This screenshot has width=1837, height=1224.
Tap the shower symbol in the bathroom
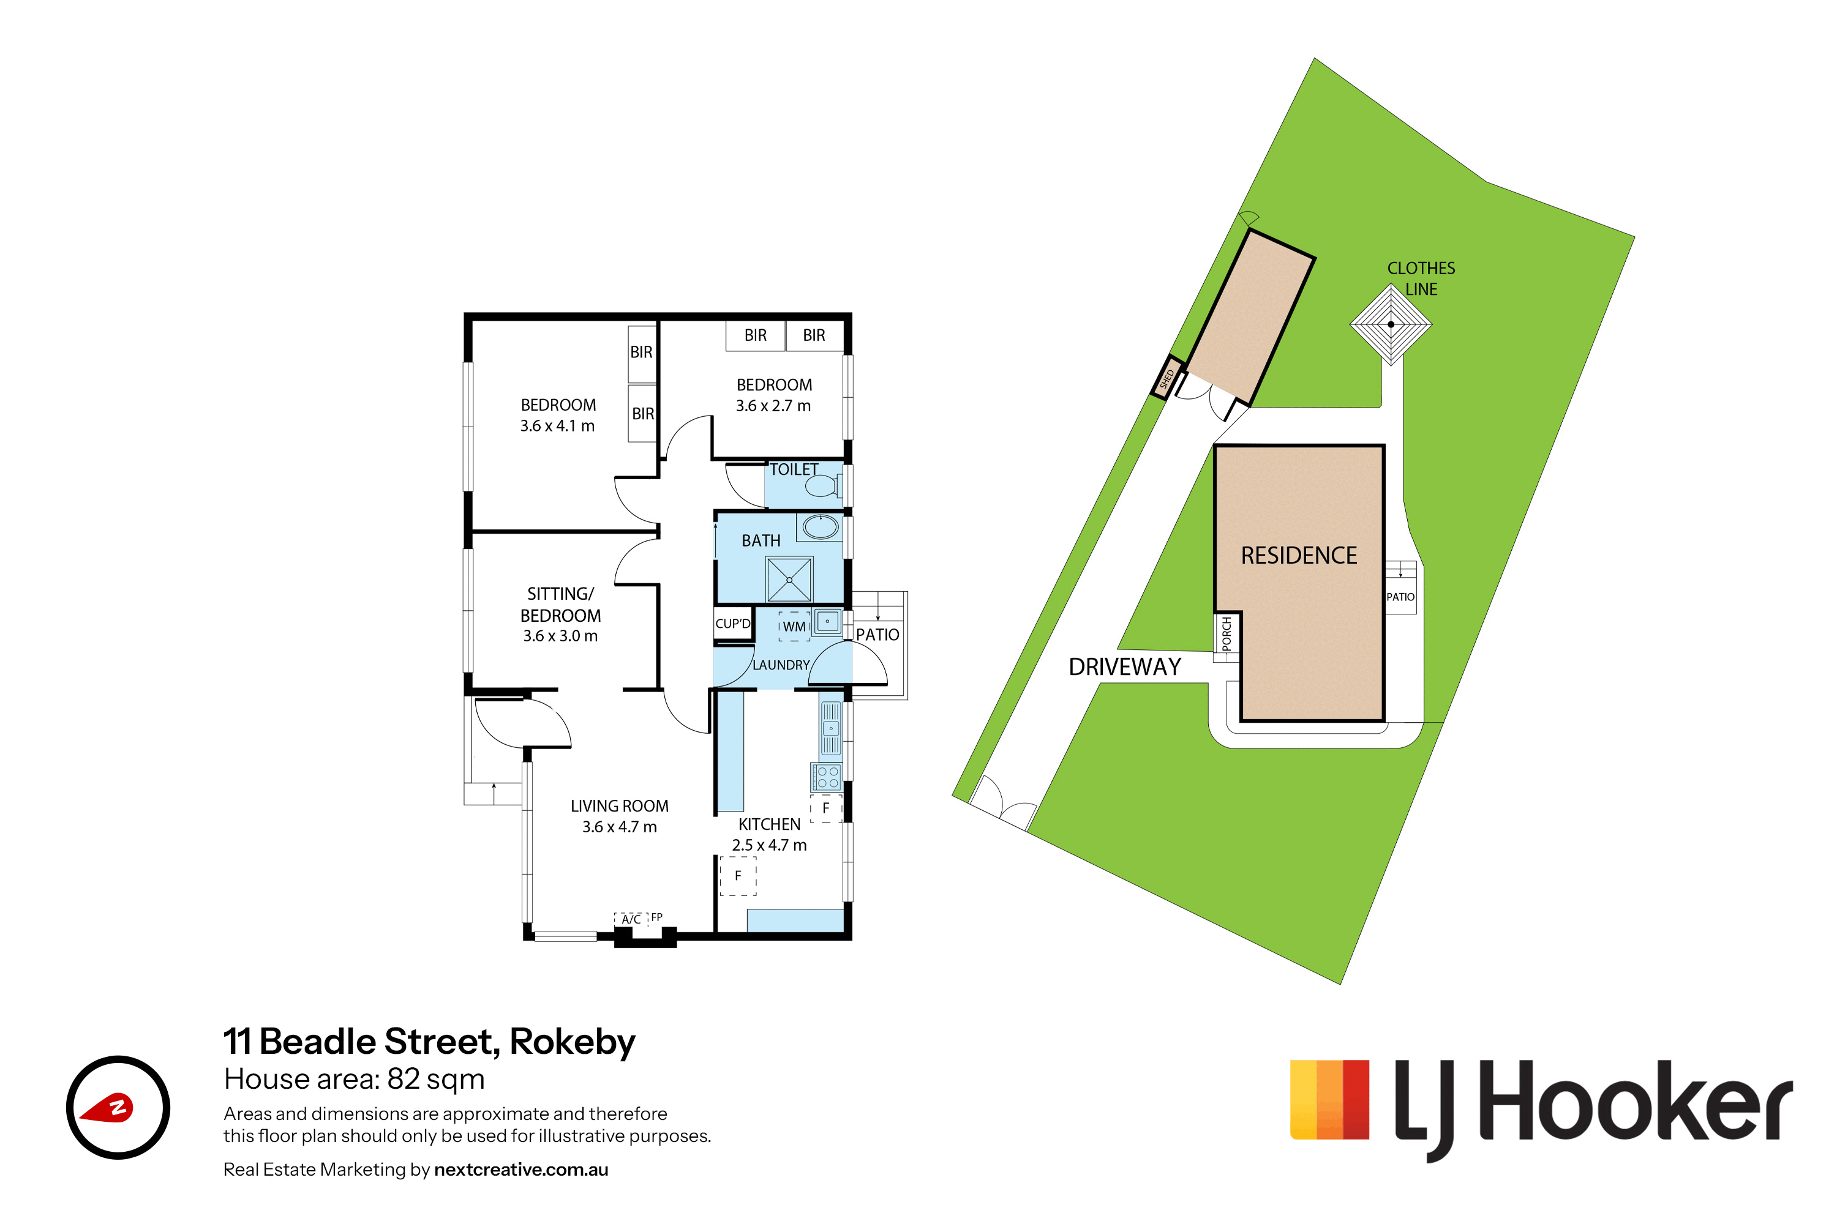790,579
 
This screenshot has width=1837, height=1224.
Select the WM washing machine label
794,626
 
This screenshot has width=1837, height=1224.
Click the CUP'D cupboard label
732,624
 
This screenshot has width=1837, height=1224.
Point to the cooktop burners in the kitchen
826,777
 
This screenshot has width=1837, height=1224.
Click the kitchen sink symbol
830,729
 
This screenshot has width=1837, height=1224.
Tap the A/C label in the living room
631,920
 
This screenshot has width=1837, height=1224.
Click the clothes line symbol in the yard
1391,324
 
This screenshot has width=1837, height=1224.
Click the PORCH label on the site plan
1227,634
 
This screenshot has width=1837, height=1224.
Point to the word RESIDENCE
1299,556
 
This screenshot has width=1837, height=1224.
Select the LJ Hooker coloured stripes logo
1329,1099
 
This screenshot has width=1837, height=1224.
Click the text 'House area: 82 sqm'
354,1079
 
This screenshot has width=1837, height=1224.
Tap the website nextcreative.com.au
521,1170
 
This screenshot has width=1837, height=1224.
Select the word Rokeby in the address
573,1042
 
